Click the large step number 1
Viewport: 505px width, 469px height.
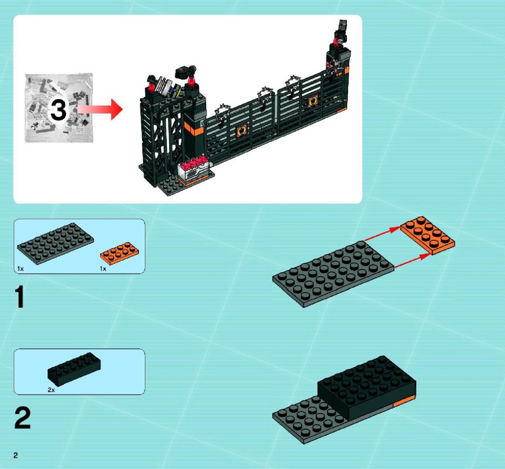20,297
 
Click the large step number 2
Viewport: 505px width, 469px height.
22,418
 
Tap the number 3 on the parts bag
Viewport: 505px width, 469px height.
59,110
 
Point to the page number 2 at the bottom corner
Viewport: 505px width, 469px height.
15,455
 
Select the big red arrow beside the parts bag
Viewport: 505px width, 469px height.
100,110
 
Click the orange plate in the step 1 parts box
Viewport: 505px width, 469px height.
120,253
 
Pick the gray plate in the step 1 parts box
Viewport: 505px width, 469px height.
56,243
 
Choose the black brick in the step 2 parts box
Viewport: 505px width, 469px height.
74,369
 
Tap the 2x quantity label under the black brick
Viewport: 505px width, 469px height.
51,390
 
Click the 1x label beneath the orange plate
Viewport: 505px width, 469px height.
103,269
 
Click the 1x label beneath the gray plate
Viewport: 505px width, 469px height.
20,269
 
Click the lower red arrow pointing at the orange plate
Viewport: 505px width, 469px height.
412,261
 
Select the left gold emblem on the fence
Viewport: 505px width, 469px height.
242,131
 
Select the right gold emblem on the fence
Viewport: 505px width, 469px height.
312,102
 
